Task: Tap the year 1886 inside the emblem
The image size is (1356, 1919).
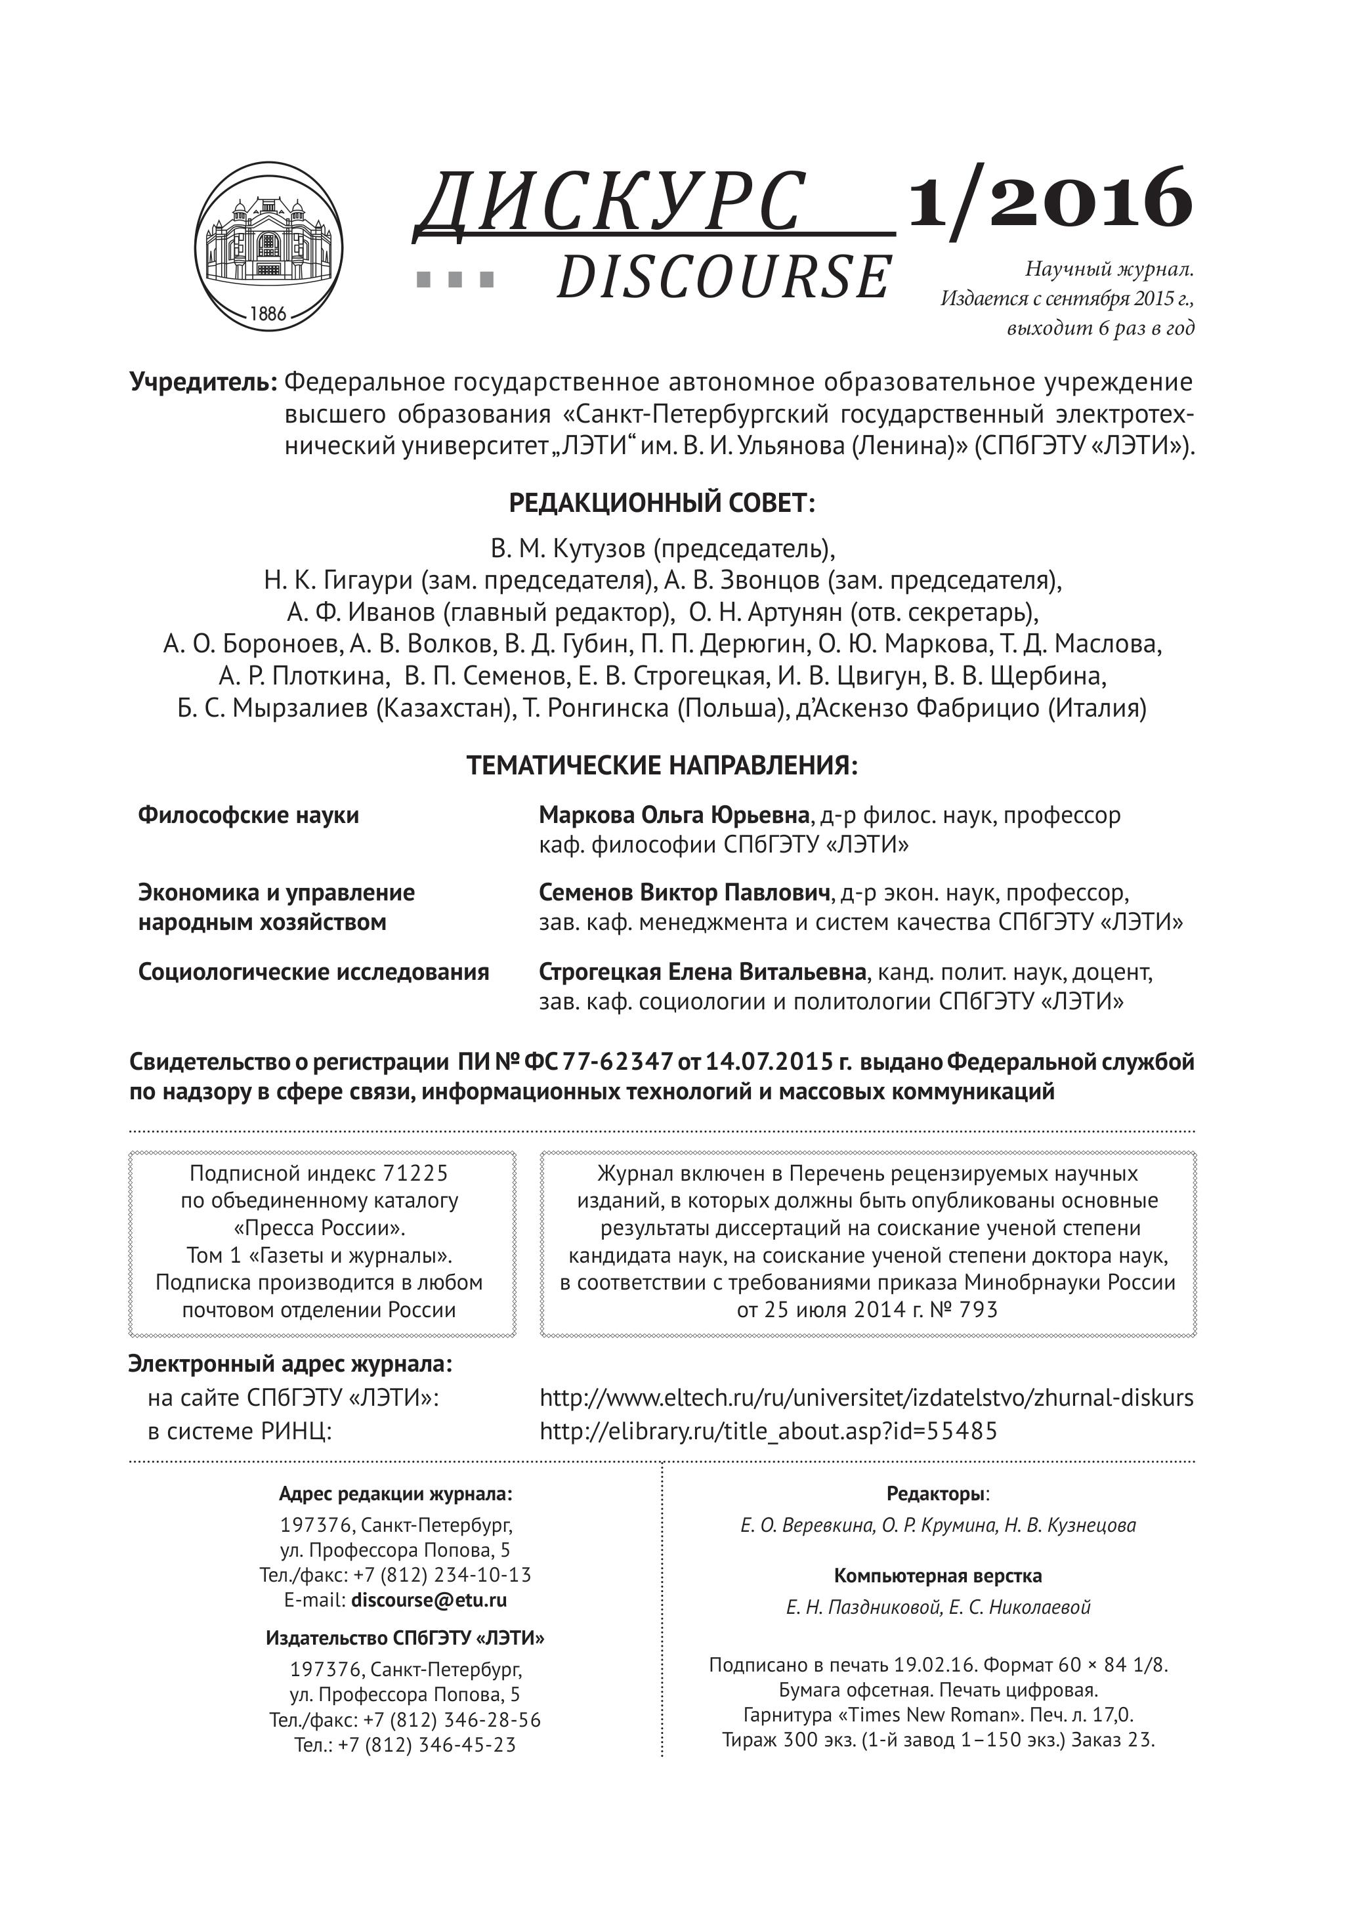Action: pos(268,314)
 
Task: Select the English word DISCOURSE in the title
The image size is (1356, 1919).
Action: pos(723,278)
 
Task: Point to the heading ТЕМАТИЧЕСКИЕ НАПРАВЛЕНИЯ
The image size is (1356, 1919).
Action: pos(662,766)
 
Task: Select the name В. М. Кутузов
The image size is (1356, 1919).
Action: pos(568,549)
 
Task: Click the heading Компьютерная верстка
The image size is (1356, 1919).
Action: pos(938,1576)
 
